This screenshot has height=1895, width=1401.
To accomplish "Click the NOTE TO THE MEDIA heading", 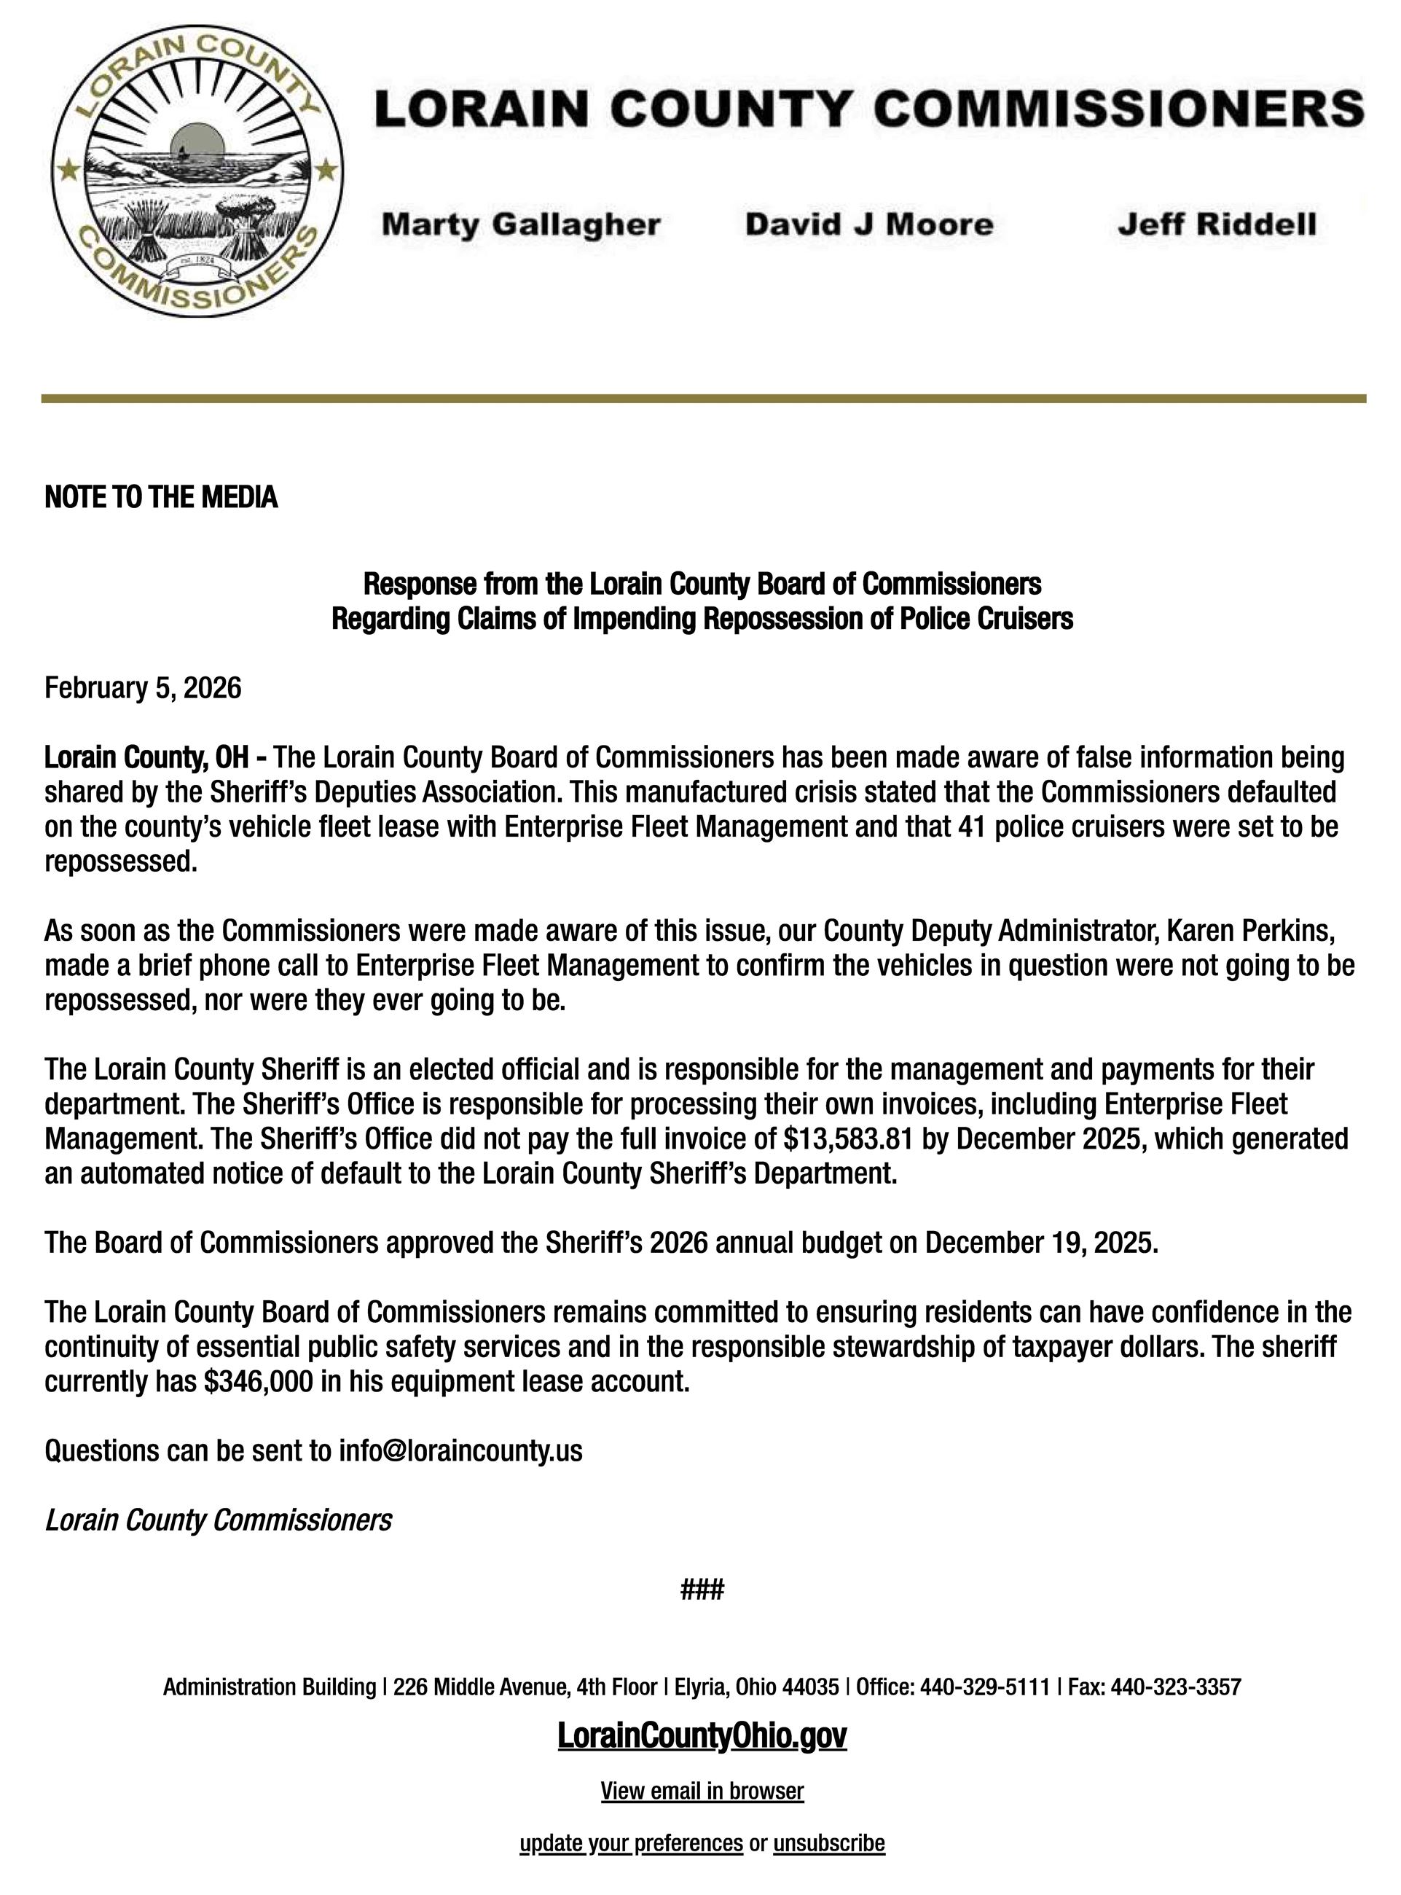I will point(161,497).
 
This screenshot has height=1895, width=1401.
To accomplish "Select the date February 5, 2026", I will point(143,687).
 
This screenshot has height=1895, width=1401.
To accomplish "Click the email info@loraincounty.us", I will point(460,1451).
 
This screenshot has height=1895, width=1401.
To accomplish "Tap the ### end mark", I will point(702,1589).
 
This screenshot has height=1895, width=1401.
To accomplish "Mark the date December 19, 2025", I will point(1040,1243).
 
